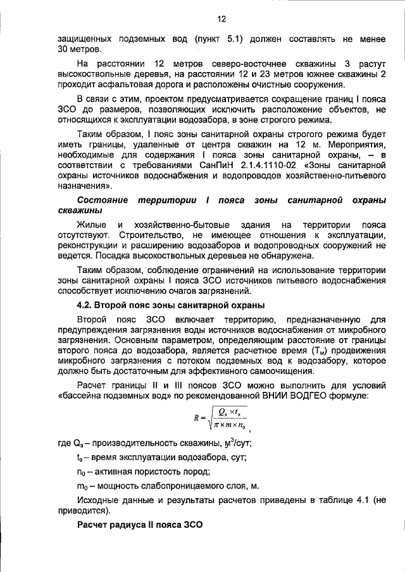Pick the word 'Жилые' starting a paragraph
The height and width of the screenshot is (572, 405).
tap(91, 225)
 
